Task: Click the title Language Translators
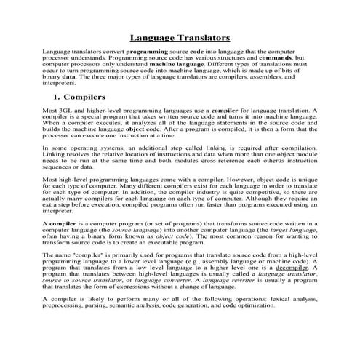(180, 37)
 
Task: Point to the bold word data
(68, 76)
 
